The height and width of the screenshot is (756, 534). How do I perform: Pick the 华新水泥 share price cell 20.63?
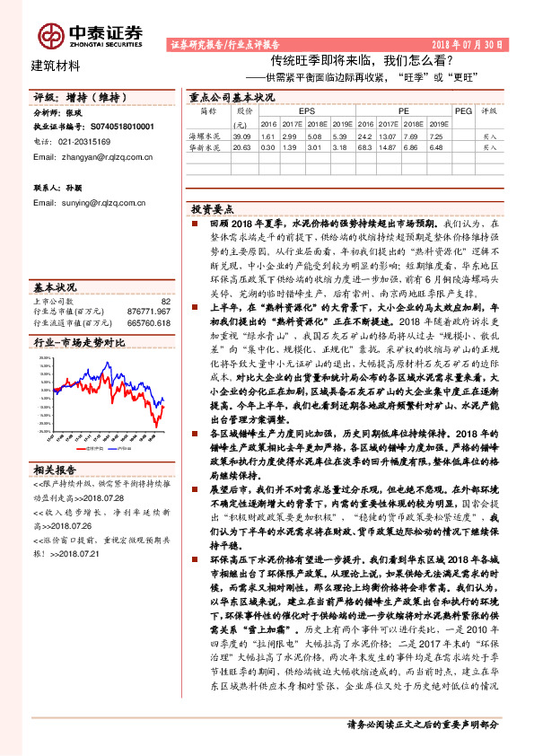(238, 145)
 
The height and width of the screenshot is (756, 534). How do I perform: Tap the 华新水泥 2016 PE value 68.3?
(366, 145)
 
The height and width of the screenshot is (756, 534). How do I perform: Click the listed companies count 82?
(164, 302)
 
